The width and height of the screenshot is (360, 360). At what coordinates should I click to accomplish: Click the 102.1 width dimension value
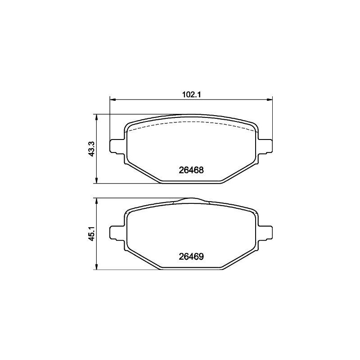[191, 94]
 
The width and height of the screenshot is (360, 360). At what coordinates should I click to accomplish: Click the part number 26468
[191, 170]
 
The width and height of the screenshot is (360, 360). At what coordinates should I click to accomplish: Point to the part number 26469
[191, 256]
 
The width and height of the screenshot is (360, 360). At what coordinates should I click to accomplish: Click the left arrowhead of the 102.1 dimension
[112, 99]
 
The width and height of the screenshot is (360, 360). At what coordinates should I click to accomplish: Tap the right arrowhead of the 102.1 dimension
[270, 99]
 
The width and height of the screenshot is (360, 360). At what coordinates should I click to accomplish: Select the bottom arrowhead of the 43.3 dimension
[97, 181]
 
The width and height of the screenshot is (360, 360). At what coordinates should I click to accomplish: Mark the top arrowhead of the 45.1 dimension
[97, 201]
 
